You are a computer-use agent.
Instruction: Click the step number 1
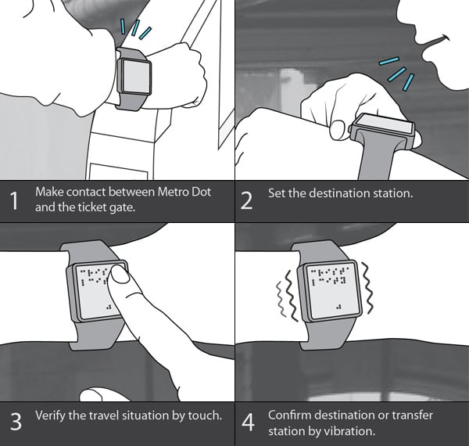click(x=14, y=200)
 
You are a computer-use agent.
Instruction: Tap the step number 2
click(x=246, y=200)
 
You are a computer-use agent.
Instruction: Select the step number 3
click(x=16, y=422)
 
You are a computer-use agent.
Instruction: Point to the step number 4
click(x=248, y=422)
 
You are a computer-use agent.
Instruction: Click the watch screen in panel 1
click(x=136, y=76)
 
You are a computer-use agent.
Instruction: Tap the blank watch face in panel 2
click(x=384, y=124)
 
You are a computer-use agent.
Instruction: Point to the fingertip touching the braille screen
click(x=120, y=274)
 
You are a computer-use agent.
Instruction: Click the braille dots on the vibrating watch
click(x=329, y=276)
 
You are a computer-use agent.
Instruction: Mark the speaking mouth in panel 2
click(x=434, y=45)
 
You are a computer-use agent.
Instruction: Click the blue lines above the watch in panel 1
click(x=135, y=29)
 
